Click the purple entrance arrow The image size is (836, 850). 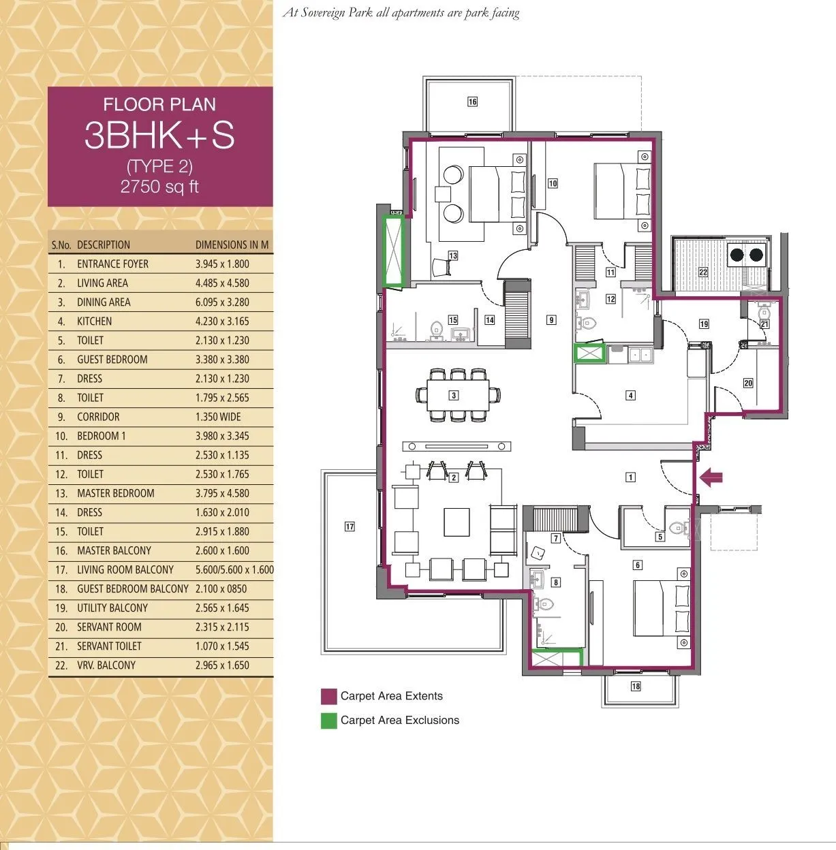point(711,478)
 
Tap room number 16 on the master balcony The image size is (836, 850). point(472,101)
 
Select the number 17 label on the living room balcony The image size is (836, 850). point(350,526)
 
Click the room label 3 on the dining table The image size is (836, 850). point(453,395)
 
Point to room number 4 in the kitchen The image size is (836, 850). point(631,395)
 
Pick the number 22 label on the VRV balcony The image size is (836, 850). point(702,272)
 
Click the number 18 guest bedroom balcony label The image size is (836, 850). point(635,686)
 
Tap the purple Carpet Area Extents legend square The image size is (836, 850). point(329,696)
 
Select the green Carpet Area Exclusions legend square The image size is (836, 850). point(329,721)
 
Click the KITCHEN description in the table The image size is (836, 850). point(94,321)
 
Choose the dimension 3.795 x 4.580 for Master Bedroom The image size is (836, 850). point(222,493)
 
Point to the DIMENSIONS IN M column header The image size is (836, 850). point(232,245)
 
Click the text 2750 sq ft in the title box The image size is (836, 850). point(159,187)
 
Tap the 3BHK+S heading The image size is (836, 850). point(159,135)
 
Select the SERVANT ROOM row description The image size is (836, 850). point(109,627)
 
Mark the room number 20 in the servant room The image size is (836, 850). point(747,383)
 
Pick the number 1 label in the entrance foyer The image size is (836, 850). point(631,477)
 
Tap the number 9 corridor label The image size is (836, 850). point(551,319)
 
